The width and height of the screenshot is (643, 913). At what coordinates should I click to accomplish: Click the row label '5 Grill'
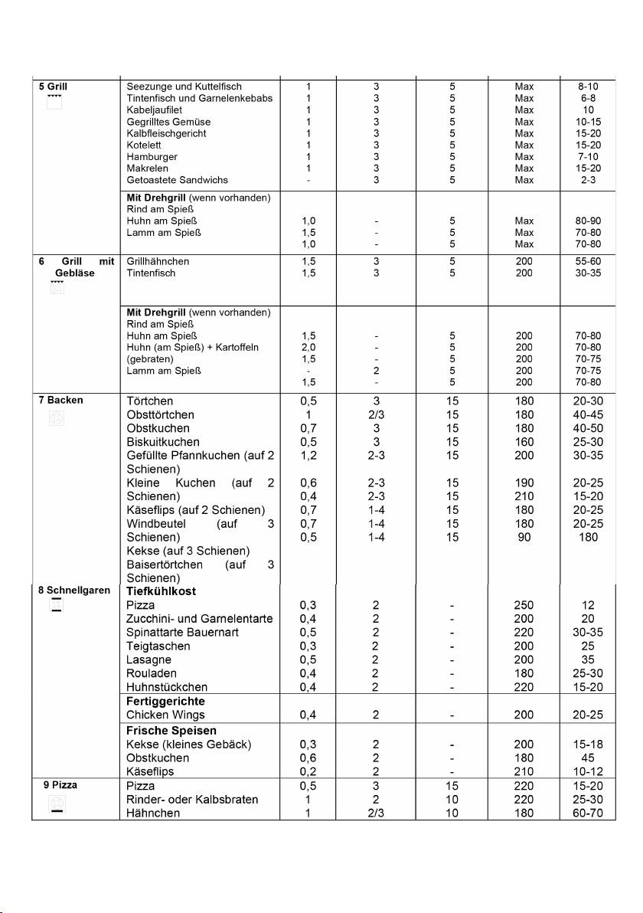(x=53, y=87)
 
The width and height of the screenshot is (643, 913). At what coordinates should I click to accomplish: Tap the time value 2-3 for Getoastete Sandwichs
(x=588, y=180)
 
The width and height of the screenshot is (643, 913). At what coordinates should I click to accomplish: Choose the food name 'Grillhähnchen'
(x=158, y=261)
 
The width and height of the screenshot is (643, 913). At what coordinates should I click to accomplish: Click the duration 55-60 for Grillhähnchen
(x=588, y=261)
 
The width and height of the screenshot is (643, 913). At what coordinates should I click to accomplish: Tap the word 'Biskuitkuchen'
(x=163, y=442)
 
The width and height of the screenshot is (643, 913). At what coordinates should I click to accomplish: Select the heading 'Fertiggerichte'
(x=165, y=701)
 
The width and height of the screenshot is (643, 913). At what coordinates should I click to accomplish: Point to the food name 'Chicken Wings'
(x=165, y=715)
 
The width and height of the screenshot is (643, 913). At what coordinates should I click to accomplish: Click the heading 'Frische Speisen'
(x=171, y=731)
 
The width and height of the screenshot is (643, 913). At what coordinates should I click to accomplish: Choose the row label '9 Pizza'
(x=60, y=785)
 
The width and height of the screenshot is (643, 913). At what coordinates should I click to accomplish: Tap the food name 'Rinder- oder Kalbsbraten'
(x=192, y=800)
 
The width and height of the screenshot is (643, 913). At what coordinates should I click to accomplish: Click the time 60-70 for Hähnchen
(x=588, y=813)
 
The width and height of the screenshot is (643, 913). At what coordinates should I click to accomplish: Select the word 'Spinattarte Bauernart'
(x=186, y=633)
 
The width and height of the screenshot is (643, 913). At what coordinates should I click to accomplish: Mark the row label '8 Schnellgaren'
(x=75, y=591)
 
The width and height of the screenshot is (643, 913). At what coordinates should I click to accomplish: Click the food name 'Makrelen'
(x=148, y=168)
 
